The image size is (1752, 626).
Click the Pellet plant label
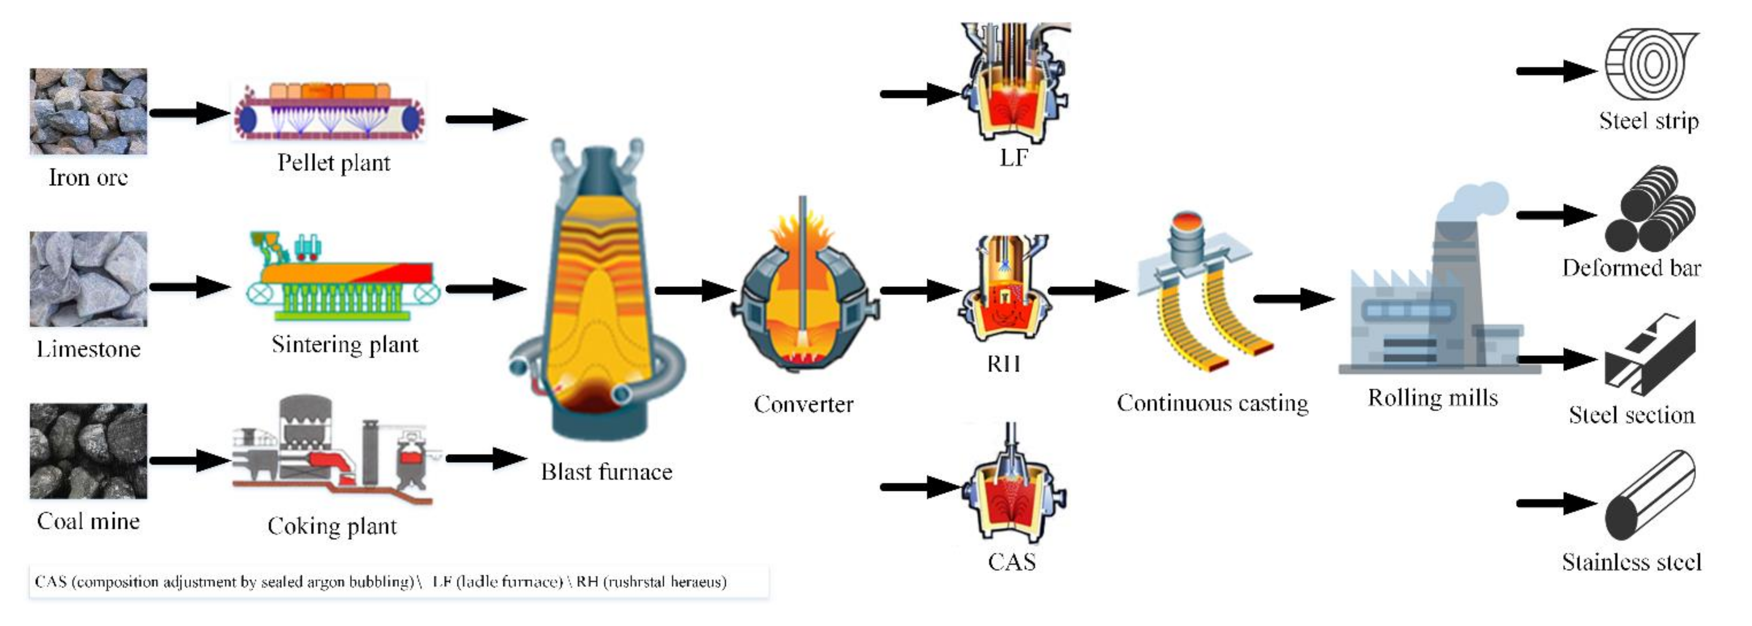coord(333,163)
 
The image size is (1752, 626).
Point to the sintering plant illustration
coord(343,279)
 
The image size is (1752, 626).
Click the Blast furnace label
coord(606,472)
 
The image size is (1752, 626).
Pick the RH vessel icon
coord(1005,289)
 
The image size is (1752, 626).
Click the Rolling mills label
coord(1432,398)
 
